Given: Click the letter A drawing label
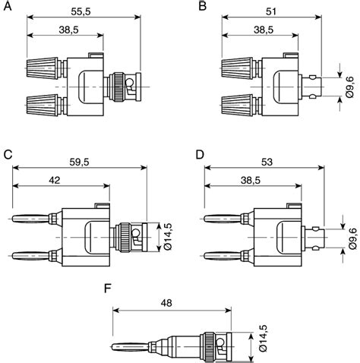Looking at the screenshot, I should point(8,7).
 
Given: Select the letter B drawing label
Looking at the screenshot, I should point(202,7).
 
